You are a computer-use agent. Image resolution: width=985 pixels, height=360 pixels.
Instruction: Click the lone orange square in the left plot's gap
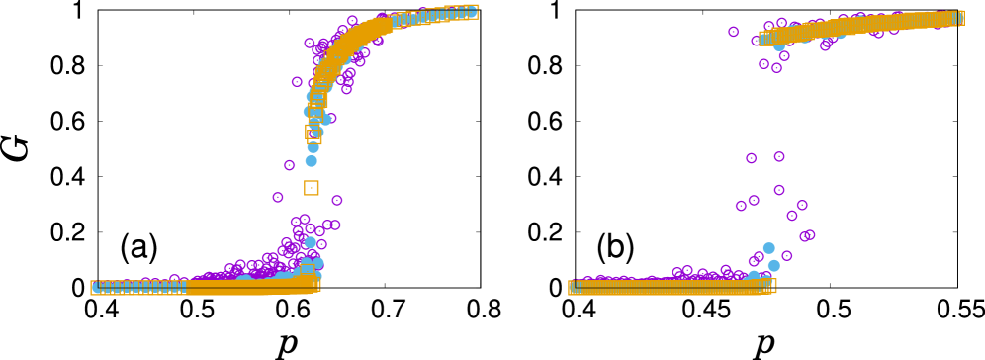[312, 188]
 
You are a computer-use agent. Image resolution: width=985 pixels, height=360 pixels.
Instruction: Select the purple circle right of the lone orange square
[337, 201]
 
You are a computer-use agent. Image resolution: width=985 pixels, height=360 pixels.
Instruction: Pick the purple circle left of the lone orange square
[278, 198]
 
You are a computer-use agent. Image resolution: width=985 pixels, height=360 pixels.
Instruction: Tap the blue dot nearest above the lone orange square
[312, 161]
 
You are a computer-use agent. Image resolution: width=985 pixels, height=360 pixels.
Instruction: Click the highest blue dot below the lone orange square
[311, 242]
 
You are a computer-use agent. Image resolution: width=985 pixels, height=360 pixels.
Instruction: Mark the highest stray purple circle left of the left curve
[297, 82]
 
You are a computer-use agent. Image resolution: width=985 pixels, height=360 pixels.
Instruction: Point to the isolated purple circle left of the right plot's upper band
[733, 32]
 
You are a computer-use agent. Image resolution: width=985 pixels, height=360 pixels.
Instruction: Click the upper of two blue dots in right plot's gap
[768, 248]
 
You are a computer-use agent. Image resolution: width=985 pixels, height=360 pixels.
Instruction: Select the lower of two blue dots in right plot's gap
[773, 265]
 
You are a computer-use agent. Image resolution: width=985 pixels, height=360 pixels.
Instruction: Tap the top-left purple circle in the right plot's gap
[751, 158]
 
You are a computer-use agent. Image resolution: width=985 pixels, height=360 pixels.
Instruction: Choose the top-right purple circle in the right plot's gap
[779, 156]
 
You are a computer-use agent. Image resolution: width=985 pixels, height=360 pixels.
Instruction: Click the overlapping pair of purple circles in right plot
[807, 235]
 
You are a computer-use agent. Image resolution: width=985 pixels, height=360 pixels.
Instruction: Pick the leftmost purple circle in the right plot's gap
[741, 206]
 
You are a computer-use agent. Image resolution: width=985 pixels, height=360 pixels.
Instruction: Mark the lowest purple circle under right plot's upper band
[776, 68]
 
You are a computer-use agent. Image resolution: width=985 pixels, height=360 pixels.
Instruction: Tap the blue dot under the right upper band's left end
[779, 46]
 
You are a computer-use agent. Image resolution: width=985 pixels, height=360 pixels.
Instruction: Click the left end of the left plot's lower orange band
[95, 288]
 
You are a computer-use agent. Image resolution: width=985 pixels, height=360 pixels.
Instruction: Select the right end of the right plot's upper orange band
[960, 18]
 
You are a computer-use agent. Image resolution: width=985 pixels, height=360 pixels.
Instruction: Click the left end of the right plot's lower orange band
[573, 287]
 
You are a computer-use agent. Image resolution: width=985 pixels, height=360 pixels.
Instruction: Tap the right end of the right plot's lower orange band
[772, 285]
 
